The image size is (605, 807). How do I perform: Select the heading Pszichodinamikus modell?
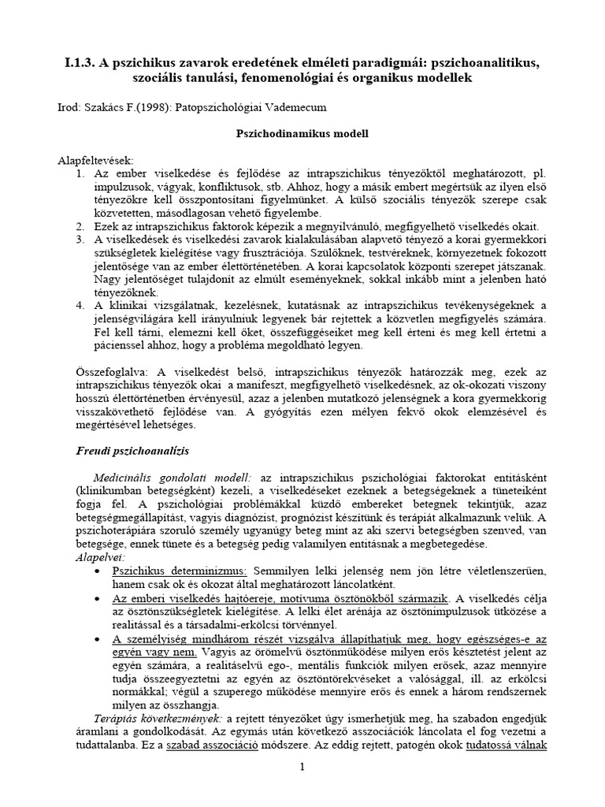pyautogui.click(x=302, y=134)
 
